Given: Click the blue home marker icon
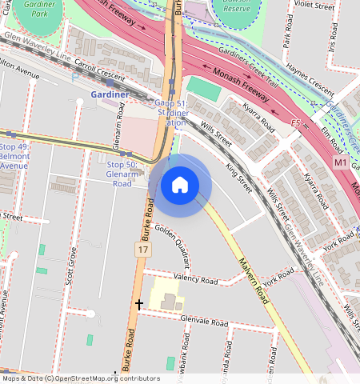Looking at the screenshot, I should point(180,185).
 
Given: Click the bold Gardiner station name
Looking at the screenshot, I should point(110,94).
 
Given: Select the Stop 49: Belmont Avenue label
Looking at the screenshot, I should point(14,152).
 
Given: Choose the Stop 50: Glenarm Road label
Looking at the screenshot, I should point(122,174).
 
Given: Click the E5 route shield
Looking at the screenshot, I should point(295,124).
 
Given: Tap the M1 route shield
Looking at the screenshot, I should point(341,162).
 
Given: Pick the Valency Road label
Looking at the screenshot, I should point(196,281).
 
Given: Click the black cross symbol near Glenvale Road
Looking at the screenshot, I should point(139,304).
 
